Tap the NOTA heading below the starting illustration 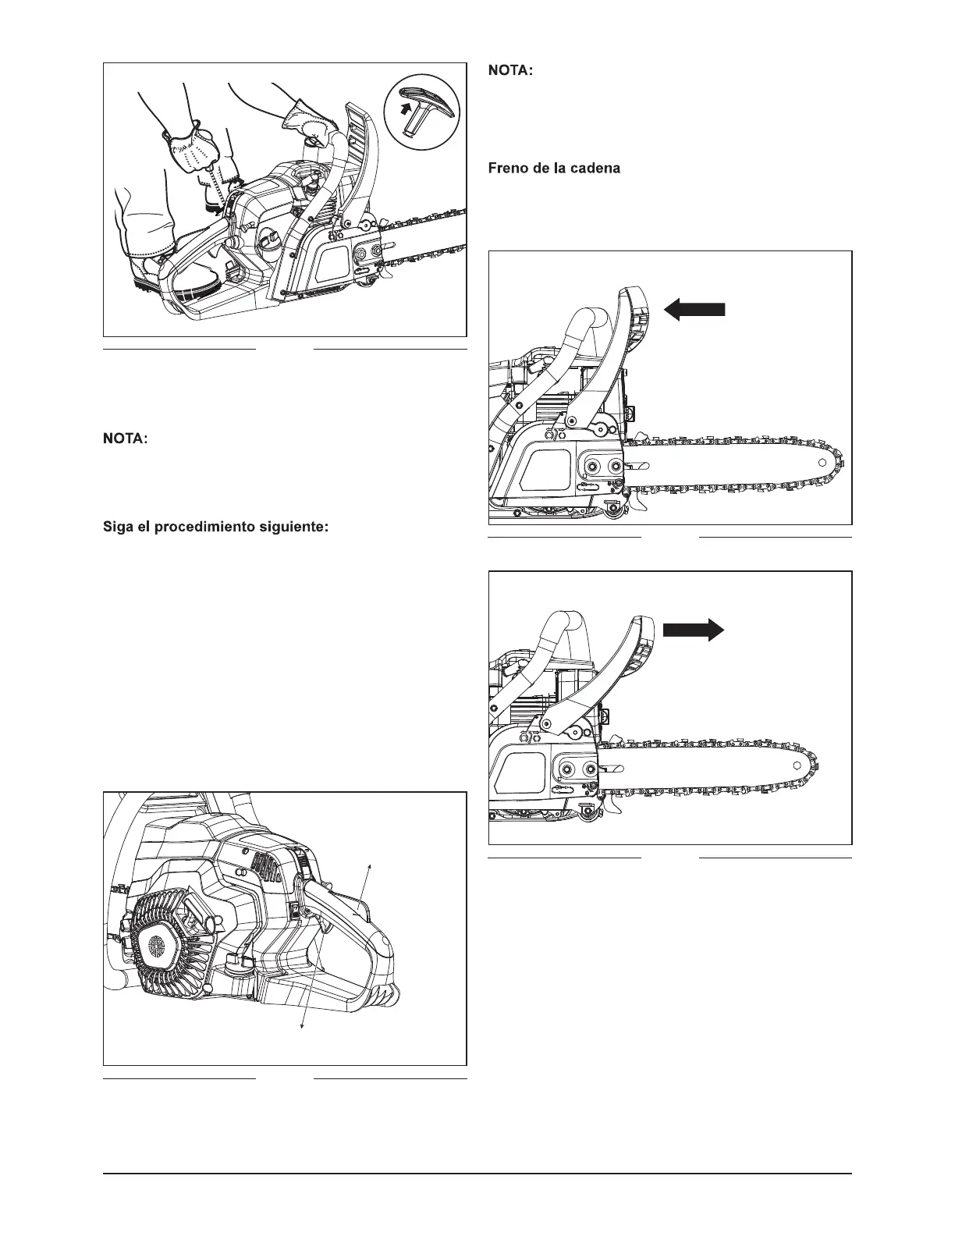pyautogui.click(x=126, y=440)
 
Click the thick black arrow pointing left pyautogui.click(x=694, y=310)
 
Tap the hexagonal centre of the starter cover pyautogui.click(x=156, y=945)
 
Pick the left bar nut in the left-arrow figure pyautogui.click(x=594, y=465)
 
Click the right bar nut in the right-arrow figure pyautogui.click(x=586, y=770)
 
